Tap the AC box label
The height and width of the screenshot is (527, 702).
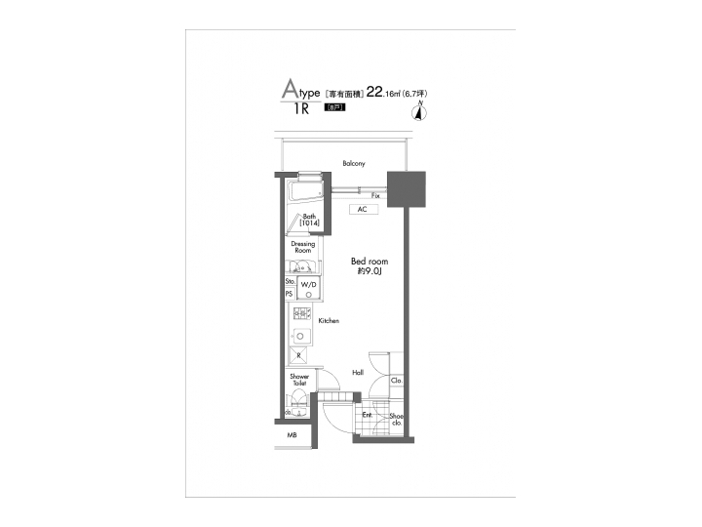tap(361, 209)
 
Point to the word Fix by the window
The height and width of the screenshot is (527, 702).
tap(375, 196)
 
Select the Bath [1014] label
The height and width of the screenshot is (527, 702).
tap(310, 222)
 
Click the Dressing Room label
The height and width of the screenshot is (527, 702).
tap(302, 248)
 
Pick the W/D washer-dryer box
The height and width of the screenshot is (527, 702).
tap(309, 284)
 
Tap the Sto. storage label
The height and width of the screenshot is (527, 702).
tap(290, 280)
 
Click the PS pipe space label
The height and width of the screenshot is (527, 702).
tap(289, 293)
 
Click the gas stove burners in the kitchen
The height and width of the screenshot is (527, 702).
tap(297, 314)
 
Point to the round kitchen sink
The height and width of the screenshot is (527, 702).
tap(300, 337)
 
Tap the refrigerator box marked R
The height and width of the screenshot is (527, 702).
tap(299, 357)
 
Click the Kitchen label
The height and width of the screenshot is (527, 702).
tap(329, 319)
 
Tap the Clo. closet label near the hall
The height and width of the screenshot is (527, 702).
tap(397, 381)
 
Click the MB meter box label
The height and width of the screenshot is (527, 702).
tap(292, 435)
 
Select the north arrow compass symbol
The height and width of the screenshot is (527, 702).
tap(419, 110)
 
